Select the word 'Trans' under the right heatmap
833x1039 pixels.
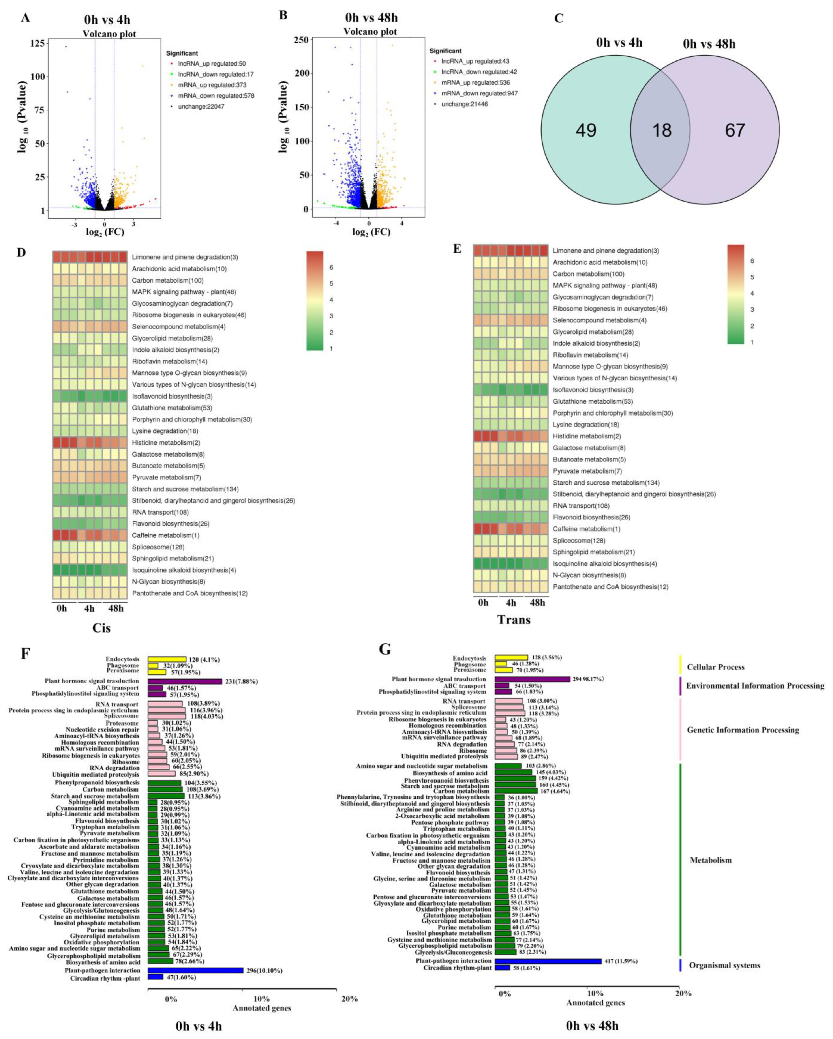click(514, 620)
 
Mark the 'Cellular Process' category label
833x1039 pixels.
click(715, 667)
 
